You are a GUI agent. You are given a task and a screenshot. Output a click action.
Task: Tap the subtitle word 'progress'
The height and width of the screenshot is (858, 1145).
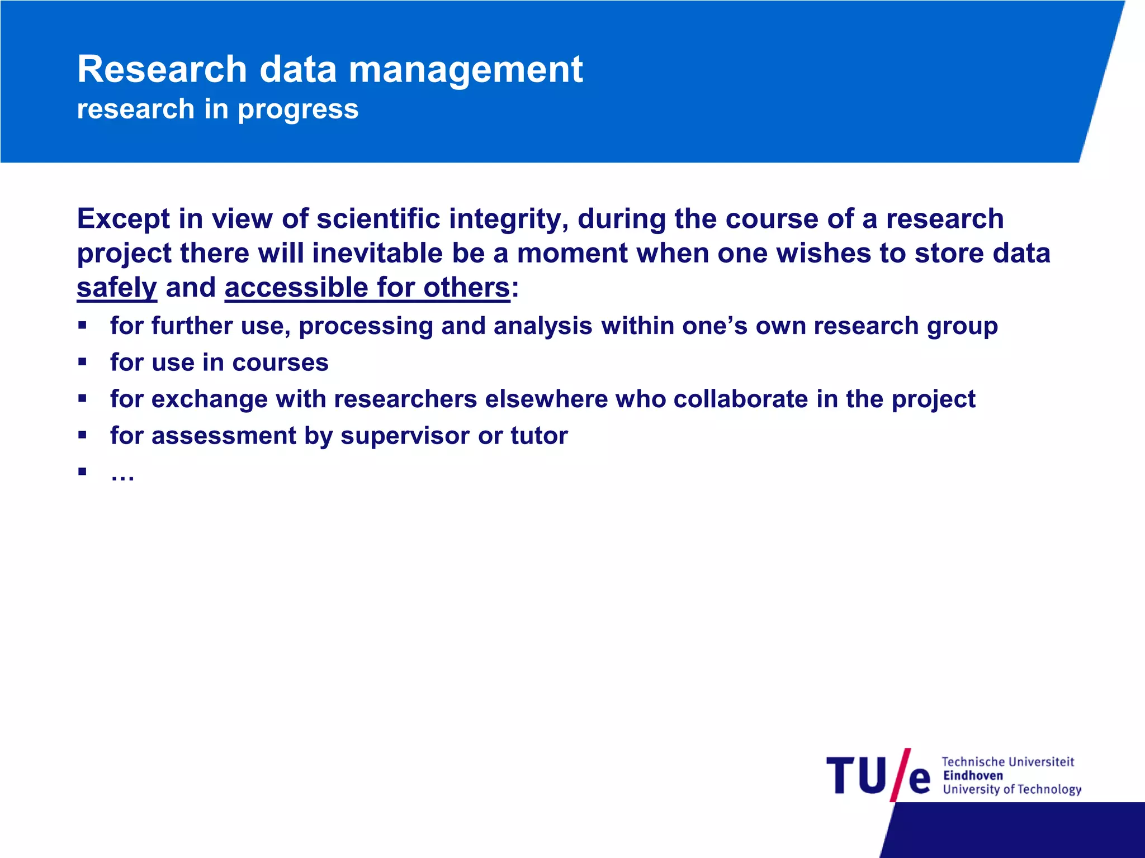(x=298, y=109)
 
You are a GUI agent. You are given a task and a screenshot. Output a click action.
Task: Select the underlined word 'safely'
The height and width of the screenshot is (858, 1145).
(x=117, y=288)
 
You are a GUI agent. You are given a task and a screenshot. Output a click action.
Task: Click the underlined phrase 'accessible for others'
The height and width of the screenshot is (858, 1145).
(x=367, y=288)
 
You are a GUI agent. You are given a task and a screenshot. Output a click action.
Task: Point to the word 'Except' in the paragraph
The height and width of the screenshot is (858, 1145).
(x=123, y=219)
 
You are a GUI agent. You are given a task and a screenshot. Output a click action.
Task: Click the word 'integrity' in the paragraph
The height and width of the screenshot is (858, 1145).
(x=509, y=219)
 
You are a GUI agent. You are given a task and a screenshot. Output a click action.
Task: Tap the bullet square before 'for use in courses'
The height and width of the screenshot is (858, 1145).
(x=83, y=362)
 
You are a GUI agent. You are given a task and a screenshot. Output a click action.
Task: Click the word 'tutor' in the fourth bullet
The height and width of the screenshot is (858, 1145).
(x=539, y=436)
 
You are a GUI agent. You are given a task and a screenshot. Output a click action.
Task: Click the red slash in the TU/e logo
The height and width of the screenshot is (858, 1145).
(x=900, y=775)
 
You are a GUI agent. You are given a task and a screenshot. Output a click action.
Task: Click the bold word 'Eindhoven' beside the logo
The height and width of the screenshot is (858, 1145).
(x=973, y=776)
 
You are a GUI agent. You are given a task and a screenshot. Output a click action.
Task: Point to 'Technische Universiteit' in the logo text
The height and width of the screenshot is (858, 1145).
(x=1008, y=762)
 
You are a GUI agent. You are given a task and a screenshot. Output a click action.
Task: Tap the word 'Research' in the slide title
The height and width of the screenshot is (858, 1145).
(x=162, y=70)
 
